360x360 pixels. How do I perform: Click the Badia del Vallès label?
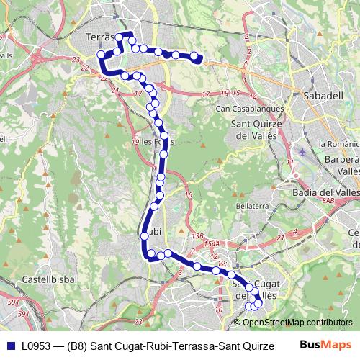click(x=320, y=192)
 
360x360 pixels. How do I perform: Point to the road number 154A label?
click(x=210, y=244)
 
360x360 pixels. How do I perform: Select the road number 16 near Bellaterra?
click(x=188, y=195)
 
